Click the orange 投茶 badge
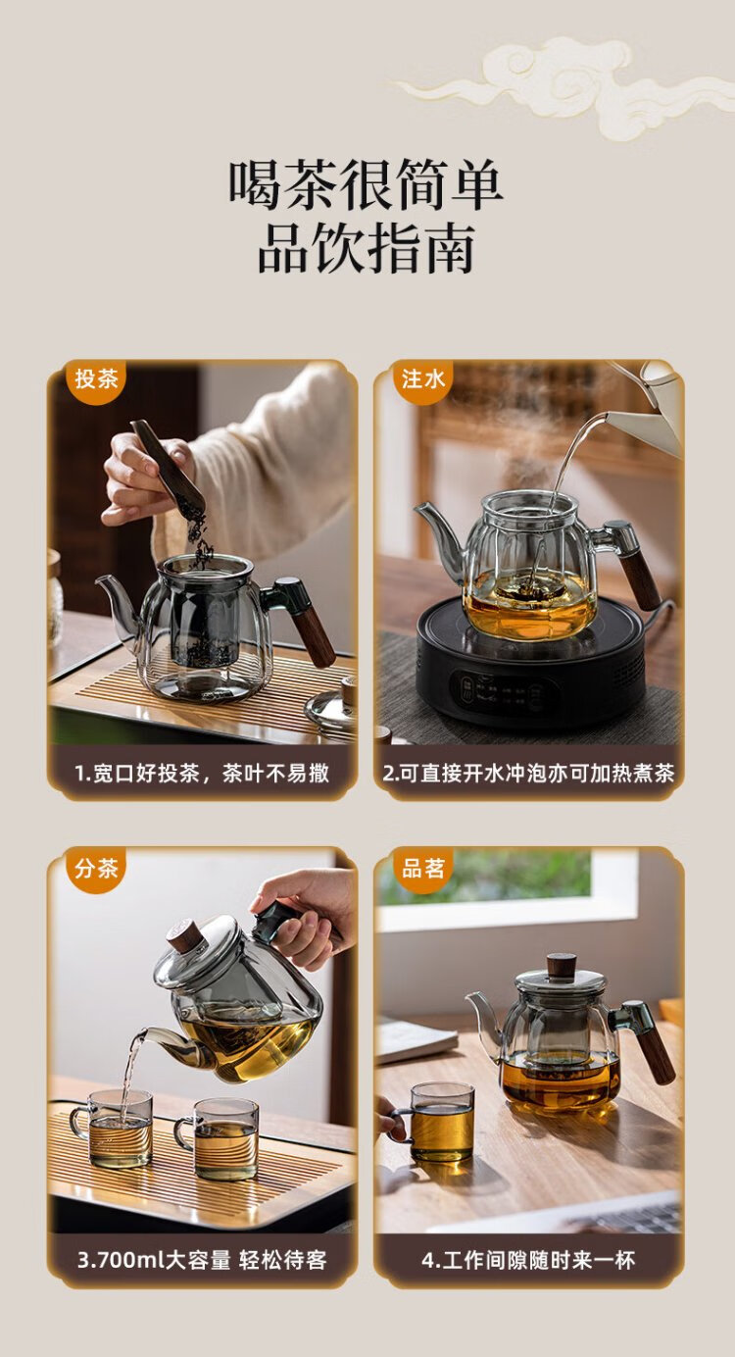tap(96, 380)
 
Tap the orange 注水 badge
tap(422, 380)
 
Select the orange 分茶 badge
tap(96, 869)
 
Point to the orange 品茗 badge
tap(422, 869)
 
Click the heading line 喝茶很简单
tap(366, 184)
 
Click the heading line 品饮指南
tap(366, 248)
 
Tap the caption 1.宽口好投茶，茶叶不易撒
tap(202, 773)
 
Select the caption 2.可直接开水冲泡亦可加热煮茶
tap(528, 773)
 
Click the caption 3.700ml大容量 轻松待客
tap(202, 1260)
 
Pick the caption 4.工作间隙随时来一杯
tap(528, 1260)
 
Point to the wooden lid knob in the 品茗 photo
tap(562, 965)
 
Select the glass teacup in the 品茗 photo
tap(436, 1122)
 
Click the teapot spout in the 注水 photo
tap(440, 528)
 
